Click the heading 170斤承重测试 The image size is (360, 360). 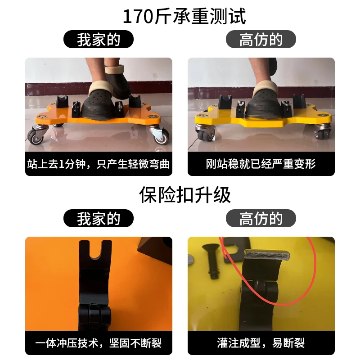tap(184, 16)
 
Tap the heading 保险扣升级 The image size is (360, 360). tap(185, 195)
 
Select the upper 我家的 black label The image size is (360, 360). tap(99, 39)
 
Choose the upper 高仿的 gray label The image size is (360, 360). tap(261, 39)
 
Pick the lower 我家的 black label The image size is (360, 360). tap(99, 218)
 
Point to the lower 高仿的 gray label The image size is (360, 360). tap(261, 218)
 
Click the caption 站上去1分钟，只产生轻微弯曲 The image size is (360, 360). tap(99, 164)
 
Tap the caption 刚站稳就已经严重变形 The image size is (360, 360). tap(261, 164)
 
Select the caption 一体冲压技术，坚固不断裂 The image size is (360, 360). tap(99, 343)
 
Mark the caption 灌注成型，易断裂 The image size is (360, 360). tap(261, 343)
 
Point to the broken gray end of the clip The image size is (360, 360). tap(267, 255)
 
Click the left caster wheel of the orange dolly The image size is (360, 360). tap(35, 137)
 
